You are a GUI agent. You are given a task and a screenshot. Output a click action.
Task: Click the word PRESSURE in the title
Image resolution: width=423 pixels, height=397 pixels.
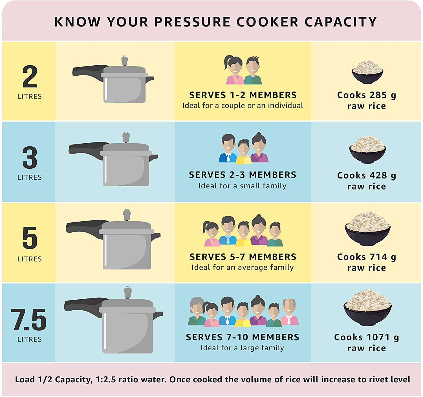pos(192,22)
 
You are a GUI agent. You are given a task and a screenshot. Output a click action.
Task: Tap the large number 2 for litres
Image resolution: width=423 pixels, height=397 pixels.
pos(30,77)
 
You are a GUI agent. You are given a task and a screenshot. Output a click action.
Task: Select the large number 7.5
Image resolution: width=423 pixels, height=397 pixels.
pos(29,320)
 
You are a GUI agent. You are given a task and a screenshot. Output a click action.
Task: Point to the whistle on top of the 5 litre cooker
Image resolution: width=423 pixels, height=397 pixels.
pos(127,215)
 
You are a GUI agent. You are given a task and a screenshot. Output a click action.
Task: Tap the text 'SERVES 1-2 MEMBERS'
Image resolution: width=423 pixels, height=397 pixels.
pos(243,95)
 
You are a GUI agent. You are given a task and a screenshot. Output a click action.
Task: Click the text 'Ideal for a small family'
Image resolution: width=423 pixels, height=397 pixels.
pos(242,186)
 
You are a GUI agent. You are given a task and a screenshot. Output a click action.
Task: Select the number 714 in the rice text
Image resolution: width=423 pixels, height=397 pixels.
pos(378,257)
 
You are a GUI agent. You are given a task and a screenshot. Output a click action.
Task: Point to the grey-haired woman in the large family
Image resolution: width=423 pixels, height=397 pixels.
pos(197,311)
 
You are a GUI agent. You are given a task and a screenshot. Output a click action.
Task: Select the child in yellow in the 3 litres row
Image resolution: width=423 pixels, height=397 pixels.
pos(244,152)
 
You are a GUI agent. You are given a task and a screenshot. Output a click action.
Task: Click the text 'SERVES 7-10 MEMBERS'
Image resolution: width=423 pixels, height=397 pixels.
pos(243,337)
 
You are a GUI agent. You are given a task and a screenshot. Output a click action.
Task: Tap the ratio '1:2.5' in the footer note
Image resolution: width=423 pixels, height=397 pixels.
pos(106,380)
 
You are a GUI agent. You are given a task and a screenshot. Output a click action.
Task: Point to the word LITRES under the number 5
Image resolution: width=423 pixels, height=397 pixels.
pos(30,259)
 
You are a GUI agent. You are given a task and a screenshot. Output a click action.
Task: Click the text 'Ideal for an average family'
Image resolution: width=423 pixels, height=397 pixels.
pos(243,267)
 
